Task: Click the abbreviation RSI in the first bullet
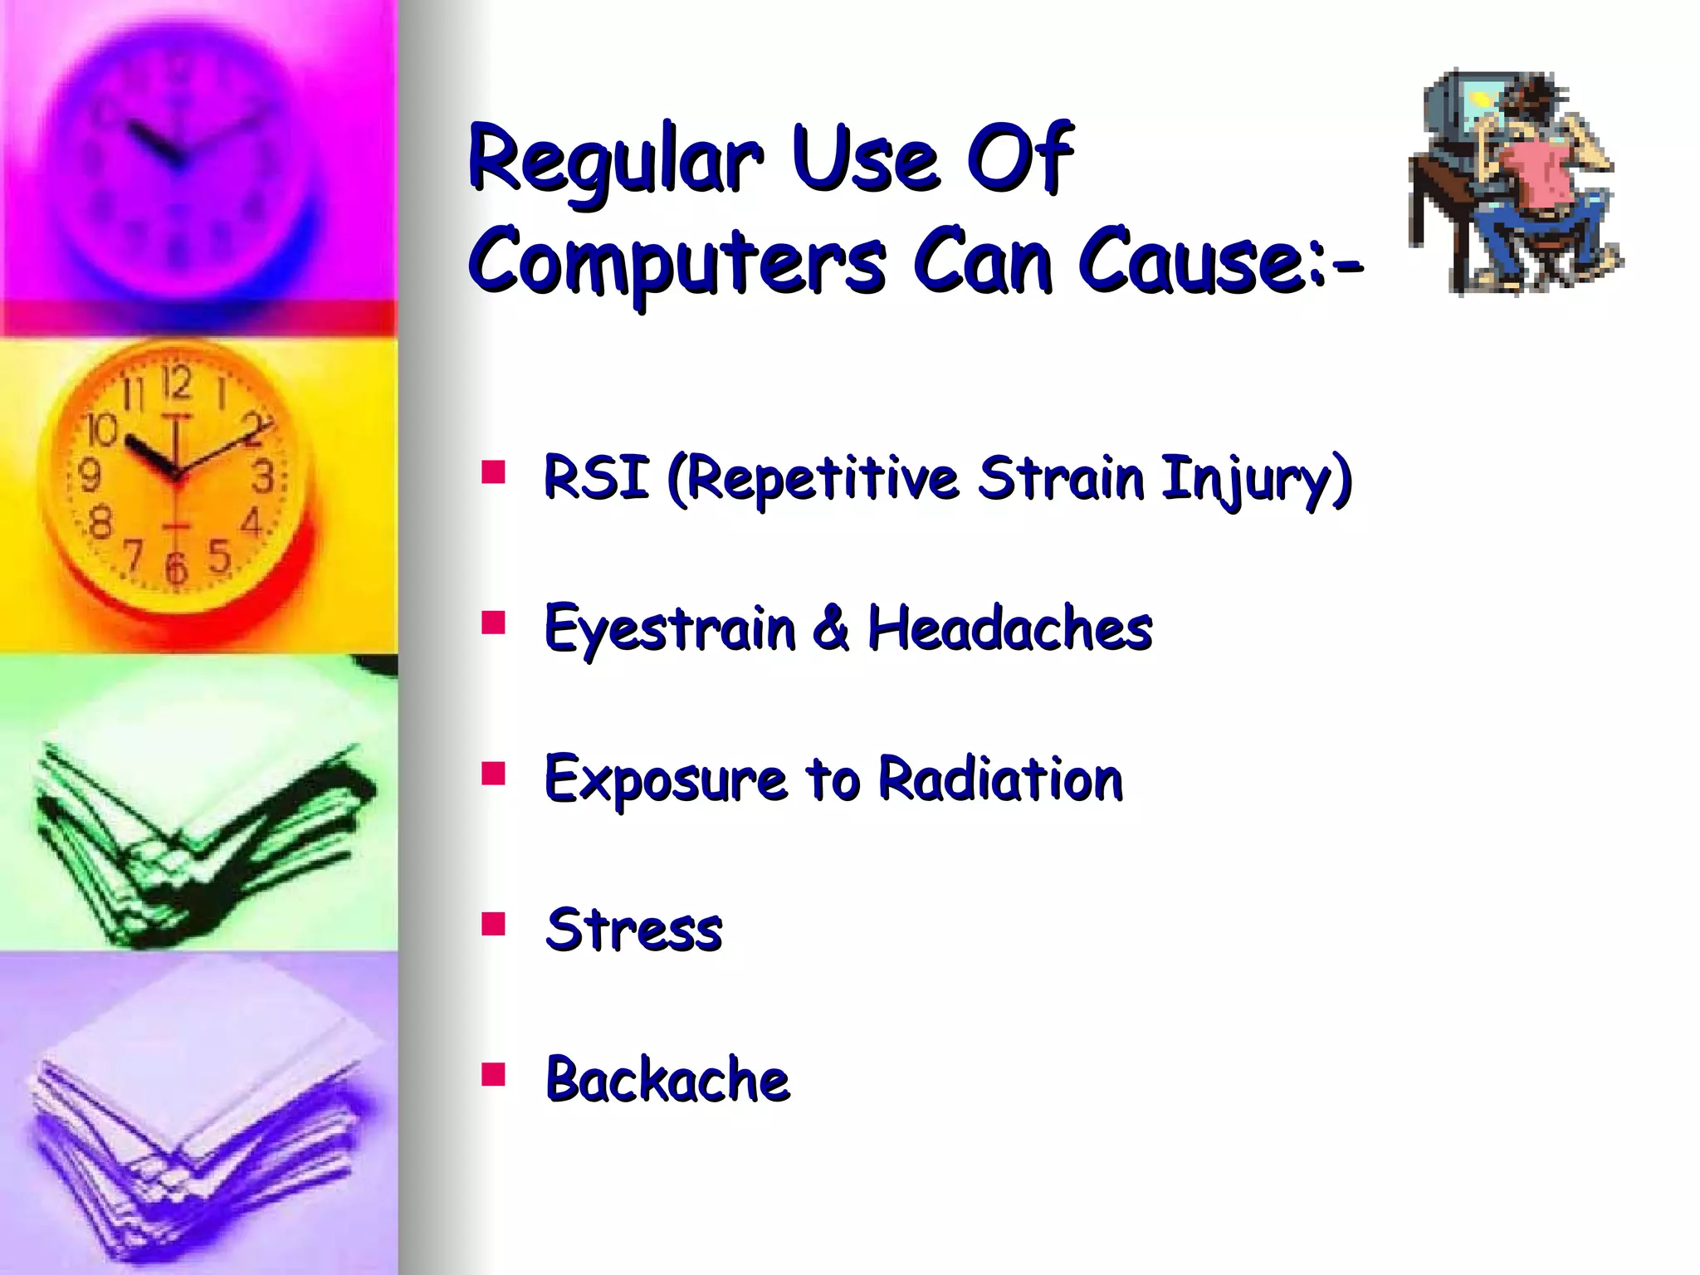coord(595,479)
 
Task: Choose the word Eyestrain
coord(669,629)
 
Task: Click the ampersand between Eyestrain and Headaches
coord(831,628)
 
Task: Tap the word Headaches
coord(1009,628)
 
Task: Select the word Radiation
coord(999,779)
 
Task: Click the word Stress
coord(633,930)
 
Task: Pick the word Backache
coord(667,1080)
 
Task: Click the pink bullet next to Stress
coord(493,923)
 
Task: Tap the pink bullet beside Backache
coord(493,1074)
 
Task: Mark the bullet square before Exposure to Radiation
coord(493,773)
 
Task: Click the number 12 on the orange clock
coord(176,384)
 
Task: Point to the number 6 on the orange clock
coord(175,569)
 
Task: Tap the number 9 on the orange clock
coord(89,476)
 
